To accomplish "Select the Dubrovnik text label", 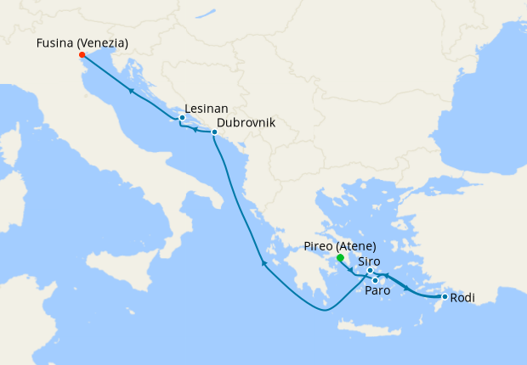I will click(246, 122).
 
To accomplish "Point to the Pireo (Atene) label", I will click(339, 246).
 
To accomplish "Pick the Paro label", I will click(377, 291).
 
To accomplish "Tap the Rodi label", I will click(462, 298).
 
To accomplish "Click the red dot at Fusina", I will click(82, 55).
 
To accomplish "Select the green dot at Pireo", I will click(339, 257).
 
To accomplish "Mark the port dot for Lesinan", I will click(183, 118).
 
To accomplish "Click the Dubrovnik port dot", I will click(214, 132).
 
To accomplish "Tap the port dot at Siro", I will click(370, 271).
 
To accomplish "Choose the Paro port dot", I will click(376, 280).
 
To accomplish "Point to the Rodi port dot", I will click(445, 297).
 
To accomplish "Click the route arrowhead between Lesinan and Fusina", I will click(132, 90).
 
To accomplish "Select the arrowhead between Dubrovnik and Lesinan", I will click(195, 130).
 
